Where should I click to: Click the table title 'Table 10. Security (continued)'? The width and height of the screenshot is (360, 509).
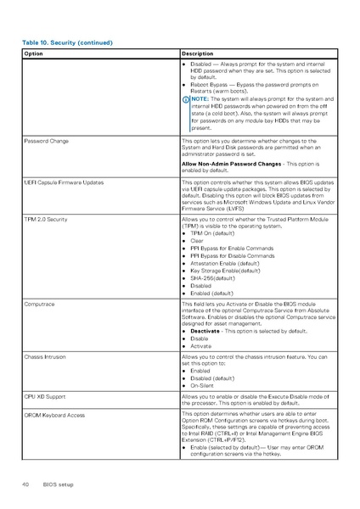[67, 42]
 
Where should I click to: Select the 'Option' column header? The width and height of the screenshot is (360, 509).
[34, 53]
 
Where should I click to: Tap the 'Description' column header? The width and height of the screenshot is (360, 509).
[198, 53]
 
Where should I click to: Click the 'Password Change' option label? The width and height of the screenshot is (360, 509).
[47, 140]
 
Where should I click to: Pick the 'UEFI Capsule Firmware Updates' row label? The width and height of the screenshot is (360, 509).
[64, 182]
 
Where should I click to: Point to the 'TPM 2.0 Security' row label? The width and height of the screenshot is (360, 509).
[46, 219]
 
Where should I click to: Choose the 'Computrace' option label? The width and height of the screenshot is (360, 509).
[40, 303]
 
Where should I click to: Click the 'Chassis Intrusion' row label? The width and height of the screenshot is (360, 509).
[46, 357]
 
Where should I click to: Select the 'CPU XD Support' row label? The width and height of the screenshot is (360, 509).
[45, 396]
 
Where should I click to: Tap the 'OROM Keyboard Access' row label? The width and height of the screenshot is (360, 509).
[53, 415]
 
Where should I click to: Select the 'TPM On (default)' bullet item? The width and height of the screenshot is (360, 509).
[213, 233]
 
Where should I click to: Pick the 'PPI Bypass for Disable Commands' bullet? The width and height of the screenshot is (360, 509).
[232, 255]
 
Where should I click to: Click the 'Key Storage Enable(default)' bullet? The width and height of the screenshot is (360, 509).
[225, 271]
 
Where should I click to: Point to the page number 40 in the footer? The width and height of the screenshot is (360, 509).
[25, 484]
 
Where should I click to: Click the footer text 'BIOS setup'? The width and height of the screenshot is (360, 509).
[59, 484]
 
